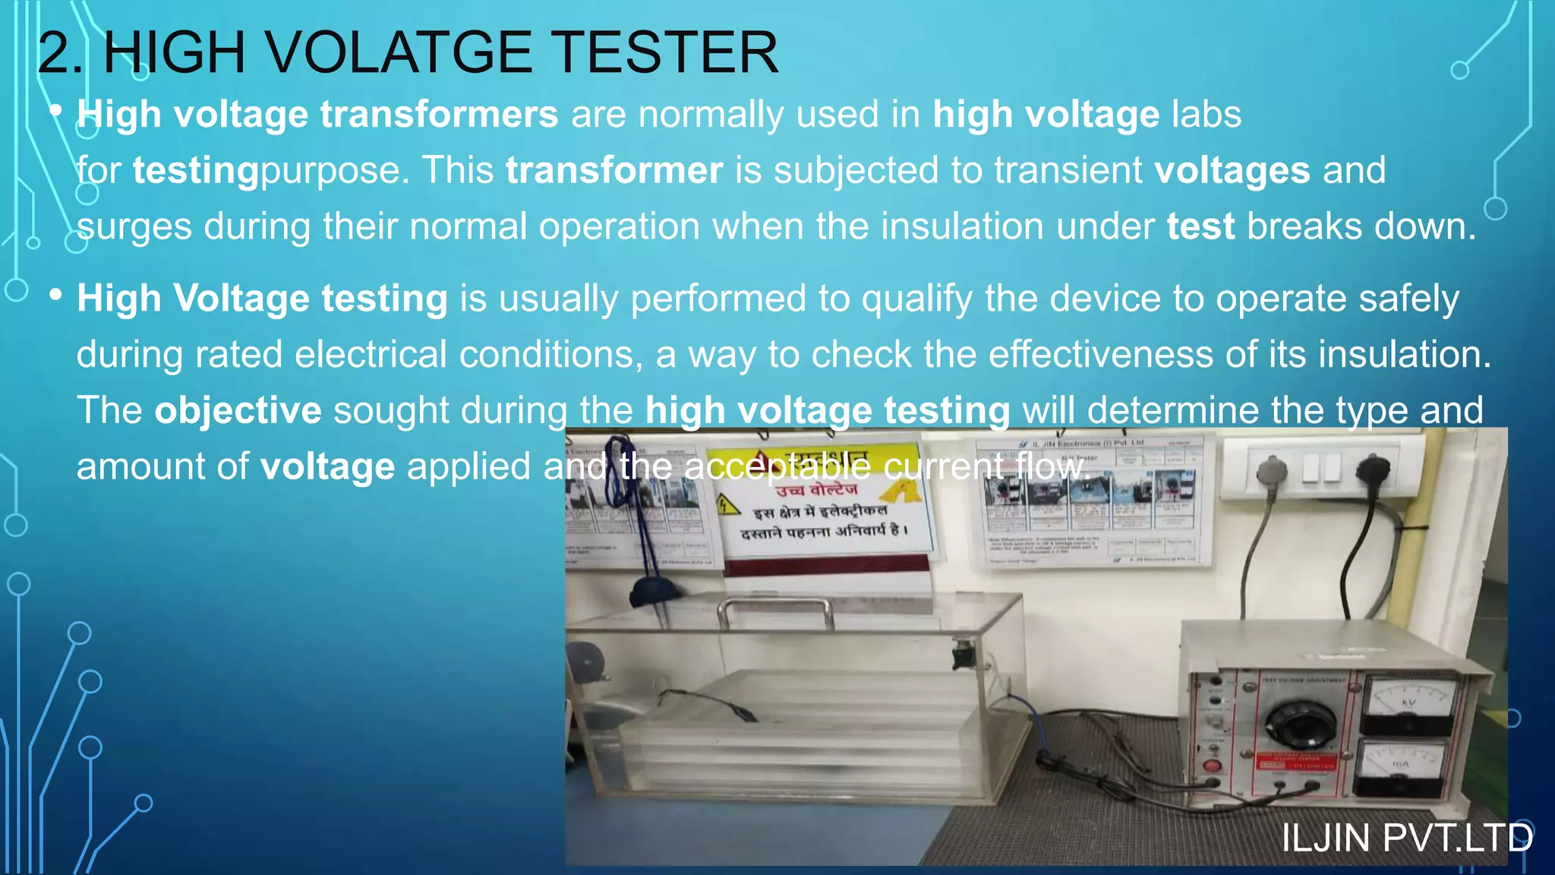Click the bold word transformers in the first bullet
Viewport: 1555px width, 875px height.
pyautogui.click(x=439, y=115)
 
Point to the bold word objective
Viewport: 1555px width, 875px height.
pyautogui.click(x=238, y=411)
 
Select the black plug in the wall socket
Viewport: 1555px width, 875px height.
pyautogui.click(x=1373, y=469)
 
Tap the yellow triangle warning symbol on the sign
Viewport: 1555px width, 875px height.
pyautogui.click(x=728, y=504)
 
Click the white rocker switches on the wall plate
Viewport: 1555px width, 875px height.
pyautogui.click(x=1322, y=467)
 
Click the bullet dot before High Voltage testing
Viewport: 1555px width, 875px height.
pyautogui.click(x=55, y=295)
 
